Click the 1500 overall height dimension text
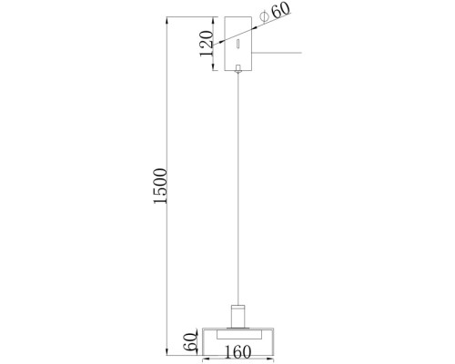click(161, 187)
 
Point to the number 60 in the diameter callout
click(279, 12)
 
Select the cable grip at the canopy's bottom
click(237, 68)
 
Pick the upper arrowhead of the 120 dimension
click(213, 20)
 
